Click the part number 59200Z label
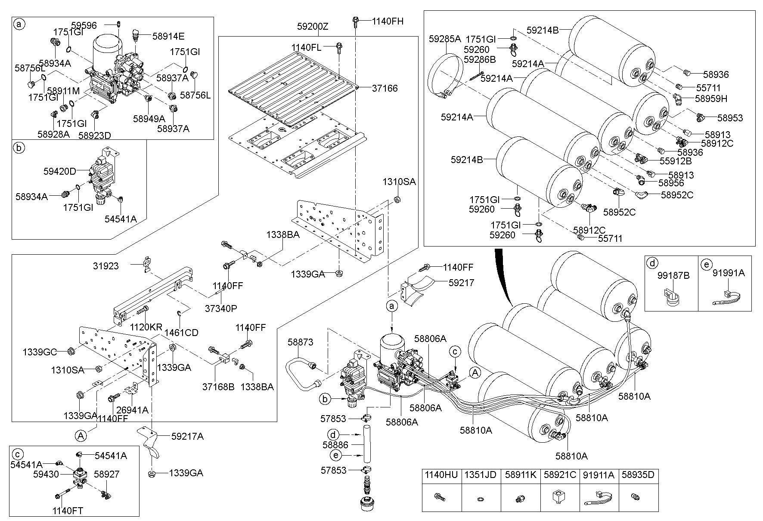(x=313, y=27)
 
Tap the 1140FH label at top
(x=388, y=21)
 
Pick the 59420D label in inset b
(x=59, y=171)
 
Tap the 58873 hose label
(x=301, y=342)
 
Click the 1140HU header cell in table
(x=441, y=475)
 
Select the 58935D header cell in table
(x=639, y=475)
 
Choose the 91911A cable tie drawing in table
(x=599, y=498)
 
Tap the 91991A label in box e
(x=729, y=273)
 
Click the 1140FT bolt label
(x=68, y=511)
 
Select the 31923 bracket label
(x=105, y=266)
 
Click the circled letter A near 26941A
(x=81, y=436)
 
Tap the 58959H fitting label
(x=711, y=99)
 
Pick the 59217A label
(x=187, y=436)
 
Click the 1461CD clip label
(x=183, y=332)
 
